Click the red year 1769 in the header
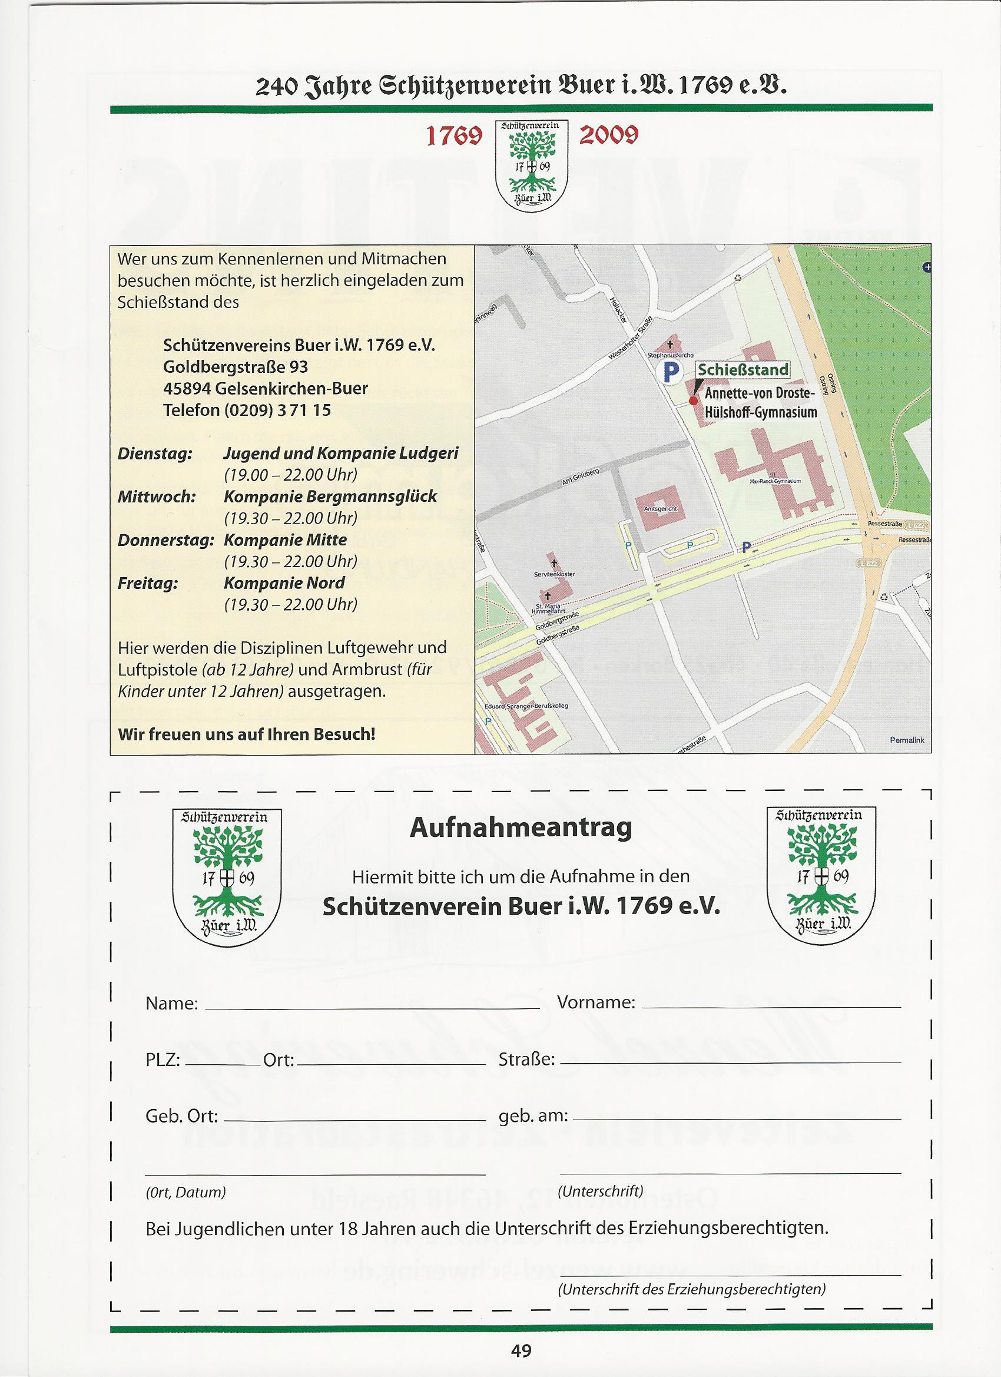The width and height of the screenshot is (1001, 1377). tap(453, 137)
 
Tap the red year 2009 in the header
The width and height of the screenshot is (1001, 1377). tap(608, 135)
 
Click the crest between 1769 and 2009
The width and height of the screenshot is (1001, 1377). tap(532, 165)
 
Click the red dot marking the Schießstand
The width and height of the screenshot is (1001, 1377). tap(694, 400)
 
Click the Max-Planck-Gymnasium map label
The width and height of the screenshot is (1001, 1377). tap(776, 481)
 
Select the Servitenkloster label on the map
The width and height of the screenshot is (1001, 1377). tap(554, 574)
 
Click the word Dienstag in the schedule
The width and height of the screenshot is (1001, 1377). tap(155, 454)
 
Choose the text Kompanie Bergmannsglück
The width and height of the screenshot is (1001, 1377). tap(330, 496)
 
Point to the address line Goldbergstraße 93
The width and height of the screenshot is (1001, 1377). tap(236, 367)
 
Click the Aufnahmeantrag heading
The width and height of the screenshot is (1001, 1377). tap(521, 828)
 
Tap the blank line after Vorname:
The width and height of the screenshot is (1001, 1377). tap(771, 1007)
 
